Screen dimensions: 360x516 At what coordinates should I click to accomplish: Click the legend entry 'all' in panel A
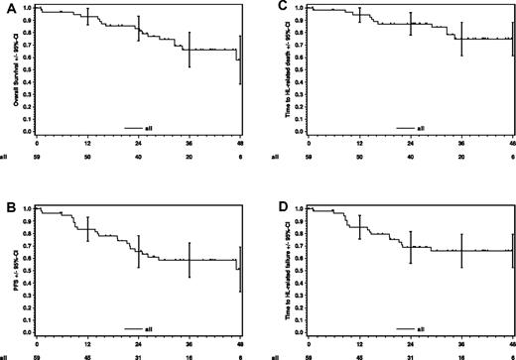tap(154, 127)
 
